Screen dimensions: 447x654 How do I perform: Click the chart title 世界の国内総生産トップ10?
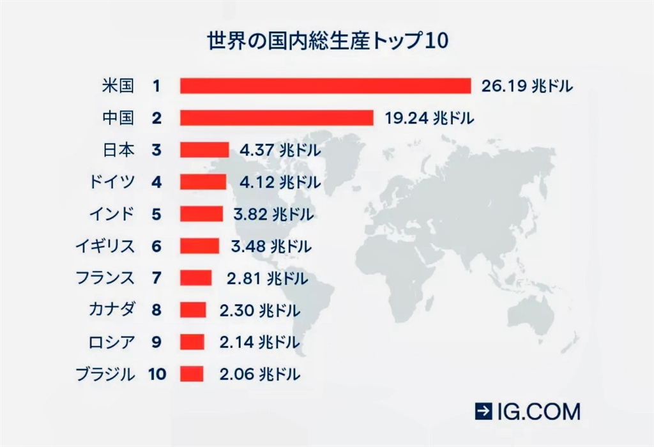tap(328, 41)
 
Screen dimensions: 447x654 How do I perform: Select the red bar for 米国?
tap(325, 86)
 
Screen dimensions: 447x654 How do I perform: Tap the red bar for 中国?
tap(277, 117)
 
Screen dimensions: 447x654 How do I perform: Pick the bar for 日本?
tap(204, 150)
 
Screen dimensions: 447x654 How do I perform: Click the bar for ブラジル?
tap(192, 374)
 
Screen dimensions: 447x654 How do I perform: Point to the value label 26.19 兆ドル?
tap(528, 86)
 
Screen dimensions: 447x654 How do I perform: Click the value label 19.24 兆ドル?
tap(429, 117)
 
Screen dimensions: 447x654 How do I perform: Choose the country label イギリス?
tap(106, 246)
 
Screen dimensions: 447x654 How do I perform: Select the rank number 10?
tap(157, 374)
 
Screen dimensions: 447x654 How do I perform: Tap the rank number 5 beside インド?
tap(157, 214)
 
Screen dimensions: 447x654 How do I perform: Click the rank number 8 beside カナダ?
tap(157, 310)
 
